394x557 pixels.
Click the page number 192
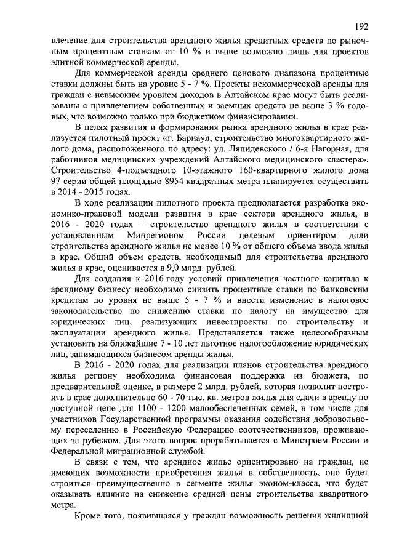click(361, 26)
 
